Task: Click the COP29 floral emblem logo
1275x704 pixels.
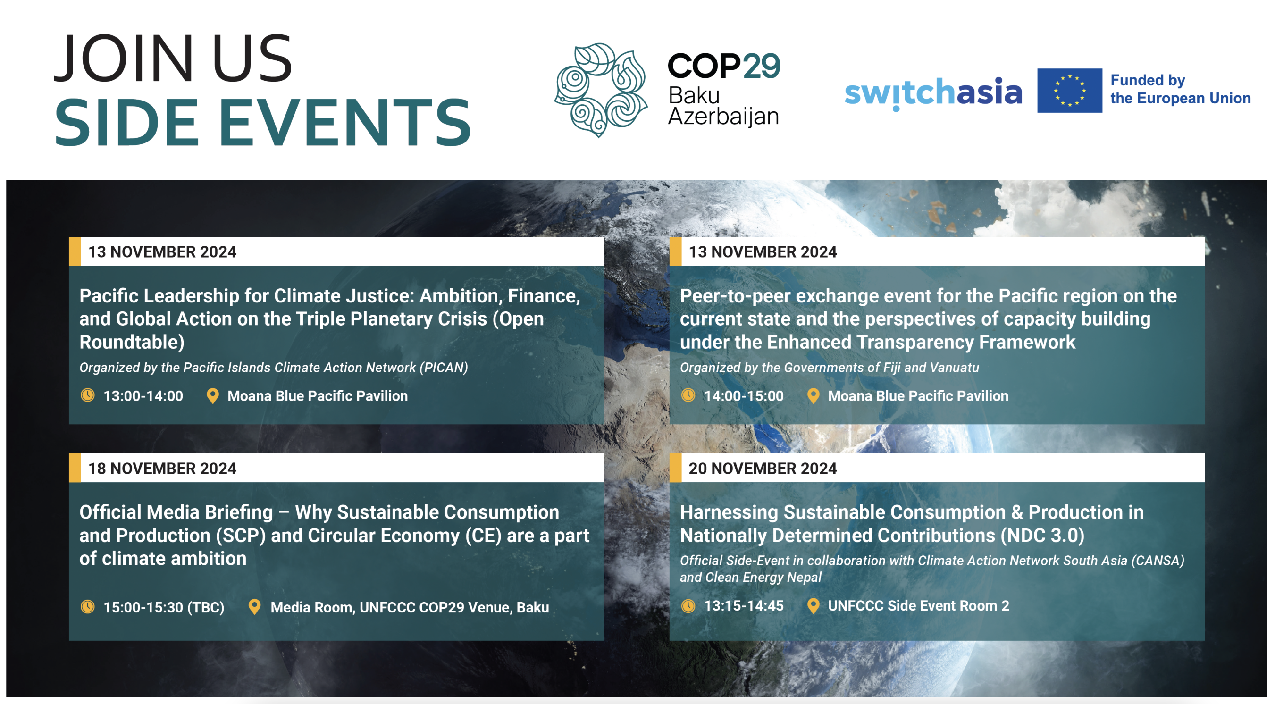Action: point(601,90)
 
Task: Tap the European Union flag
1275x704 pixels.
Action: point(1069,91)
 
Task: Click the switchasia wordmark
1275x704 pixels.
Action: point(933,93)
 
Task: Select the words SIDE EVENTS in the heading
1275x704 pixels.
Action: point(263,122)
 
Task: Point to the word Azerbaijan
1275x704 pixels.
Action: point(723,117)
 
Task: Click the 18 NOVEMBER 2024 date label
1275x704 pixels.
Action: point(162,469)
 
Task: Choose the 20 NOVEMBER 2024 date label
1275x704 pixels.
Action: point(762,469)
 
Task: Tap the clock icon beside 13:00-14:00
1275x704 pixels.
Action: point(88,395)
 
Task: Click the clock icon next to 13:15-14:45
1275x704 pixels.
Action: point(688,605)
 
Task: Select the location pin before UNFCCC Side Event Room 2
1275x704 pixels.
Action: point(813,606)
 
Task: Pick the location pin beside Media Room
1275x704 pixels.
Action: point(254,607)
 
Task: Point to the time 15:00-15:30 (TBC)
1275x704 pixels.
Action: point(164,607)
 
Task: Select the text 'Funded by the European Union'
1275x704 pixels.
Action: point(1181,89)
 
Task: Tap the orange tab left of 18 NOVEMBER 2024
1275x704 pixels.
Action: point(75,468)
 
